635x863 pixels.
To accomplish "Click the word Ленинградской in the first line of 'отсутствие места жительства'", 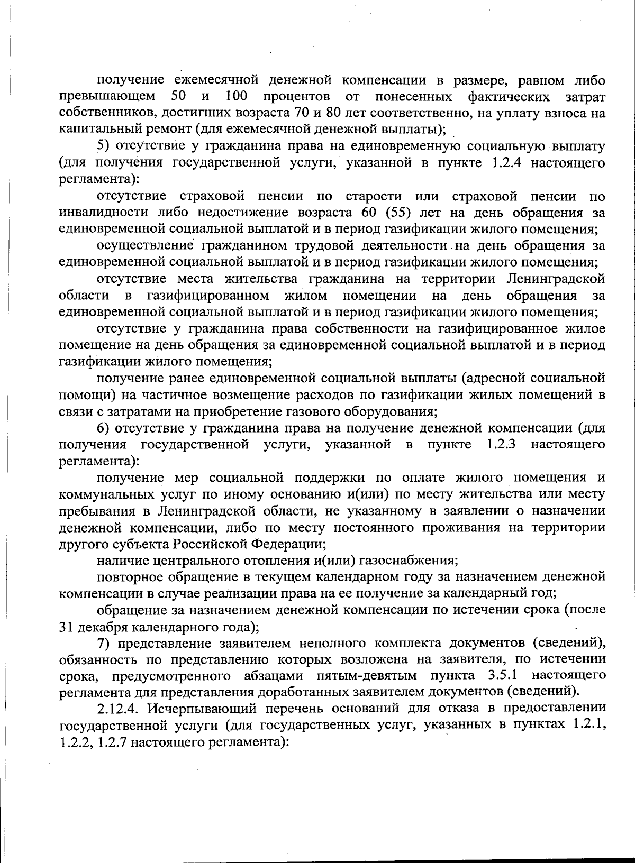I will (x=555, y=278).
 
